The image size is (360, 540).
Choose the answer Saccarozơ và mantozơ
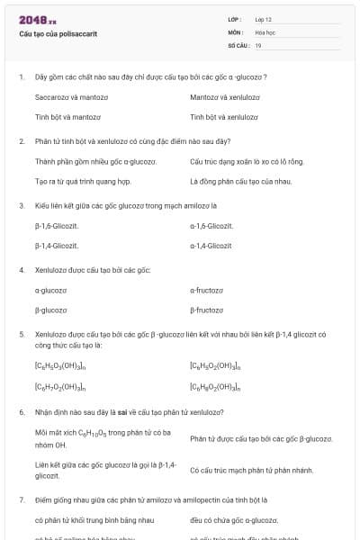[x=68, y=96]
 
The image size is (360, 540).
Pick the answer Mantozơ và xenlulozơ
[x=225, y=96]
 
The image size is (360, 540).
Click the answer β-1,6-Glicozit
[x=56, y=225]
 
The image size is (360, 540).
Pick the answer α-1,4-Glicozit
[x=211, y=245]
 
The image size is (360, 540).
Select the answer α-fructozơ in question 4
[x=207, y=290]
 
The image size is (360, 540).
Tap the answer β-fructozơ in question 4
[x=207, y=310]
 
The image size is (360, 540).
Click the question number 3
[x=22, y=205]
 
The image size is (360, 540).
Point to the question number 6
[x=22, y=412]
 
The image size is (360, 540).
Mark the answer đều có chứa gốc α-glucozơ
[x=234, y=519]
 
